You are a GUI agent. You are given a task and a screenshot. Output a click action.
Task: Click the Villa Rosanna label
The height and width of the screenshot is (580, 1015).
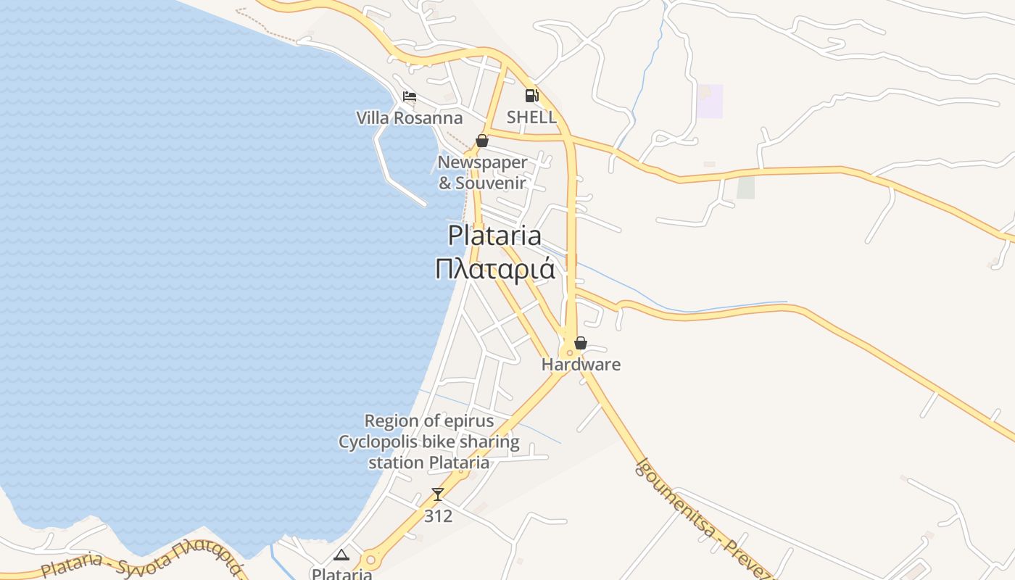(x=409, y=117)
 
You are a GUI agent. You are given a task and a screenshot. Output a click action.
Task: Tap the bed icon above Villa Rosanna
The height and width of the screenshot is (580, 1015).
(x=410, y=96)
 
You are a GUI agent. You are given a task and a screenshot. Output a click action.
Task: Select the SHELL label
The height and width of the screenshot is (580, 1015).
(x=531, y=117)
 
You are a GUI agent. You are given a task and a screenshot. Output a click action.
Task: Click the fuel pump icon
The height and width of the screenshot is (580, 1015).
(x=531, y=96)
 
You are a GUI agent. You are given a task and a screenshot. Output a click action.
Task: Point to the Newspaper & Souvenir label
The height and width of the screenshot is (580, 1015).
(x=482, y=173)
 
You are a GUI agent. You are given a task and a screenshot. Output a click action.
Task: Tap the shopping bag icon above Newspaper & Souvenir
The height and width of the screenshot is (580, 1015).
(x=481, y=141)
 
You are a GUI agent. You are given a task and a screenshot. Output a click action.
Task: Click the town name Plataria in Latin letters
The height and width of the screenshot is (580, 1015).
(x=494, y=236)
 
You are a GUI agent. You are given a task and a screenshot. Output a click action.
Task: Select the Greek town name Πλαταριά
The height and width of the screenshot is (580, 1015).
(x=494, y=269)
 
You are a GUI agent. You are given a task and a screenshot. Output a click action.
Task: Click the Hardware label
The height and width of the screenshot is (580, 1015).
(x=581, y=364)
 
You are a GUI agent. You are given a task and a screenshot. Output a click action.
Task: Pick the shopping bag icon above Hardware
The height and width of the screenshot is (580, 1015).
(x=580, y=343)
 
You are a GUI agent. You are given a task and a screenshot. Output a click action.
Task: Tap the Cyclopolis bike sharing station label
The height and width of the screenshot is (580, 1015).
(x=428, y=442)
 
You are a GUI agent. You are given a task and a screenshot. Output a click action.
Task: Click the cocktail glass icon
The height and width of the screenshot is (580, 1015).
(x=437, y=494)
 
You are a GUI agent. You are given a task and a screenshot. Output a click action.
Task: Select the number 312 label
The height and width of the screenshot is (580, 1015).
(x=438, y=515)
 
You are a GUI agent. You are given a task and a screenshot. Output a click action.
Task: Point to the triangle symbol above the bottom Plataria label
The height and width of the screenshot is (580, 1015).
(x=341, y=555)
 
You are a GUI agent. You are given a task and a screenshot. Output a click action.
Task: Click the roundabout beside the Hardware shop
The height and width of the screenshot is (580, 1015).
(x=570, y=353)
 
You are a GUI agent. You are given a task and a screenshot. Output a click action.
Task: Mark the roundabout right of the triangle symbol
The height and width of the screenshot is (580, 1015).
(x=370, y=560)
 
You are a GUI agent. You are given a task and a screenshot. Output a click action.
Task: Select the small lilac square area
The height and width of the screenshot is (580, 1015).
(x=710, y=101)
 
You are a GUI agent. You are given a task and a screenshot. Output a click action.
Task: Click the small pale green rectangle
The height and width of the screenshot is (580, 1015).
(x=745, y=187)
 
